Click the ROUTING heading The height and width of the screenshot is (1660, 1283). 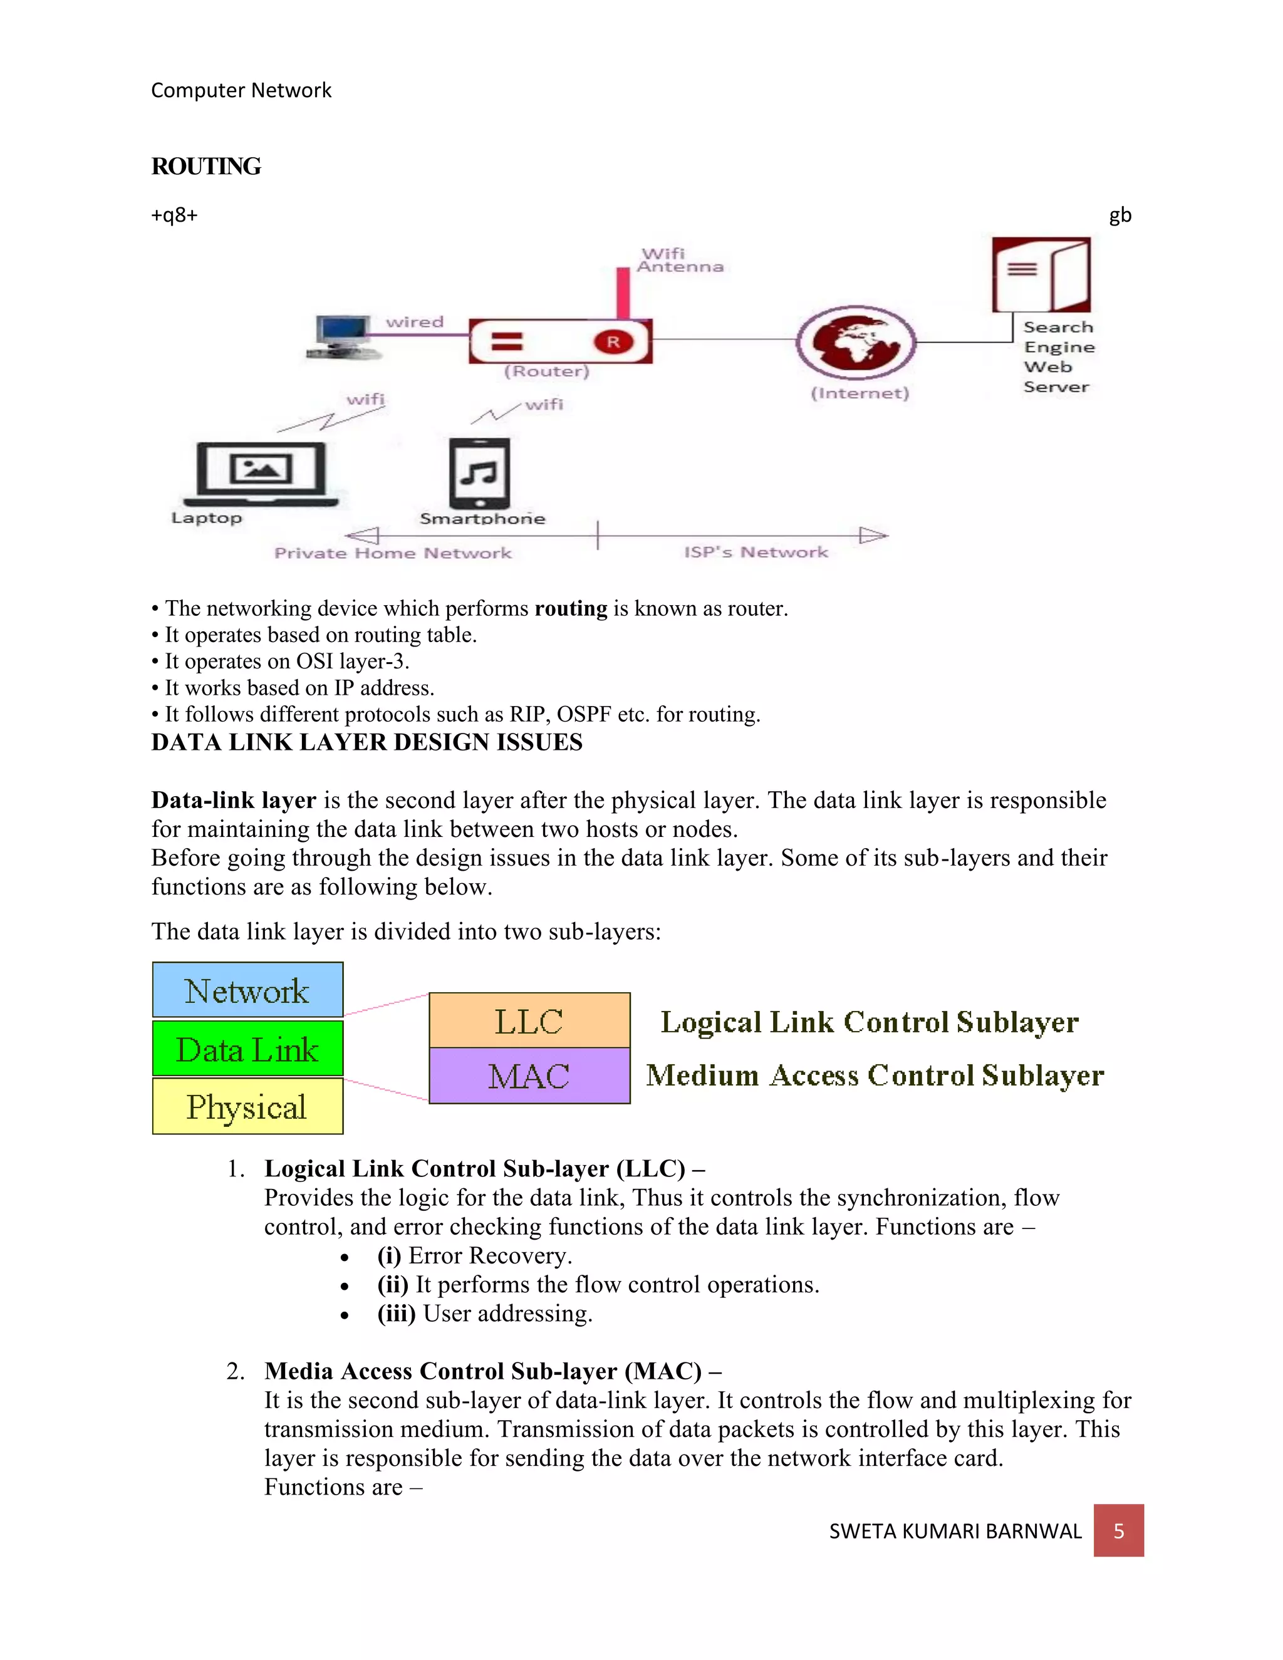[206, 166]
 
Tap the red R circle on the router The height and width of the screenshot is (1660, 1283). [613, 342]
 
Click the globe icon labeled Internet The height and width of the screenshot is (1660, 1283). [856, 341]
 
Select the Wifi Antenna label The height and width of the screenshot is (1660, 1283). [680, 260]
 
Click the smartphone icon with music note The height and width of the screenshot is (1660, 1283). [480, 473]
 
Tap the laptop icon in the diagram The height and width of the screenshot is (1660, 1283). [261, 473]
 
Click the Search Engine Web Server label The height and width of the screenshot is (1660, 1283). [1057, 356]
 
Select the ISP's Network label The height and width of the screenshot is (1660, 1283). [756, 552]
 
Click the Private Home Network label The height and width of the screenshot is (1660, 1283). [393, 552]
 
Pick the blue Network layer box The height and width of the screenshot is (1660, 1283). [248, 990]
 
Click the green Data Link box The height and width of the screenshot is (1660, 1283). [248, 1048]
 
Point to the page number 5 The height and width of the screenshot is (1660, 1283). [1118, 1530]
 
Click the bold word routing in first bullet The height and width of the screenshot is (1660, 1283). [571, 608]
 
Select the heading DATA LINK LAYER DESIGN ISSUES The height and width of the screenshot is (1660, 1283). [366, 742]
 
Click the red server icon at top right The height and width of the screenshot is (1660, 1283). [1041, 274]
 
